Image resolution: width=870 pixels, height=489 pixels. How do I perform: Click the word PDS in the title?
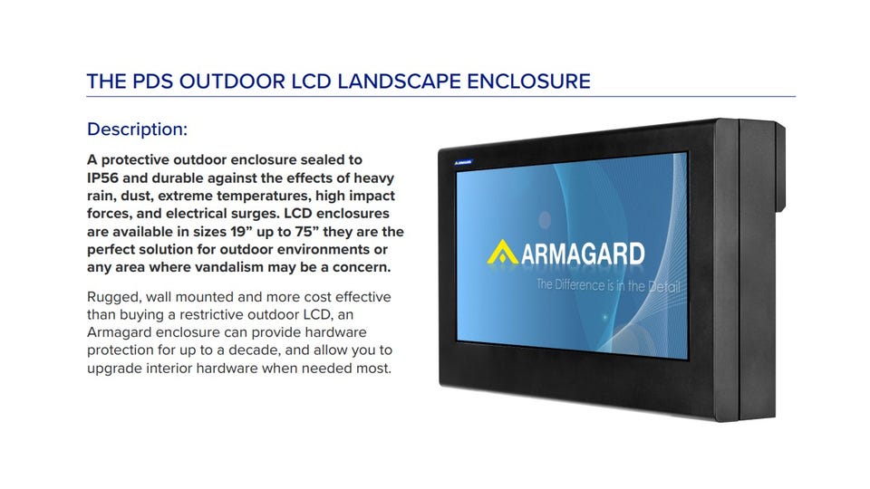tap(152, 81)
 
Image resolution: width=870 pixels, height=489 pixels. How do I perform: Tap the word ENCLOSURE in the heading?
tap(528, 81)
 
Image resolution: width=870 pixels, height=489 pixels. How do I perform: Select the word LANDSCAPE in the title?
tap(400, 81)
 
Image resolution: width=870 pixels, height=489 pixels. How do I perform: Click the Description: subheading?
tap(138, 129)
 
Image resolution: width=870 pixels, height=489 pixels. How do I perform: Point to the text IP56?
tap(102, 178)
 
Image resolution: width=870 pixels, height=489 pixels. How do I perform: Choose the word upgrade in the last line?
tap(115, 369)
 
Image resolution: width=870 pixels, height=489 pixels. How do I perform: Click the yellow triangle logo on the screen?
tap(502, 253)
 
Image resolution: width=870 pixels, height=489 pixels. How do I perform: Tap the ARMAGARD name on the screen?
tap(583, 254)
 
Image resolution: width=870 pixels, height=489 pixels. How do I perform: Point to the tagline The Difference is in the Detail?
tap(608, 286)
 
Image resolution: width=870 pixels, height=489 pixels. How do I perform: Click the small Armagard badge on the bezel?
tap(463, 162)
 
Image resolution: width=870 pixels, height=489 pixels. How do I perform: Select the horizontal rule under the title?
tap(441, 97)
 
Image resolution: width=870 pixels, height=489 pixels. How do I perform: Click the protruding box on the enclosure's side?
tap(780, 168)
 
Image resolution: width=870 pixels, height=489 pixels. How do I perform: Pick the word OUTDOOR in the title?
tap(232, 81)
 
